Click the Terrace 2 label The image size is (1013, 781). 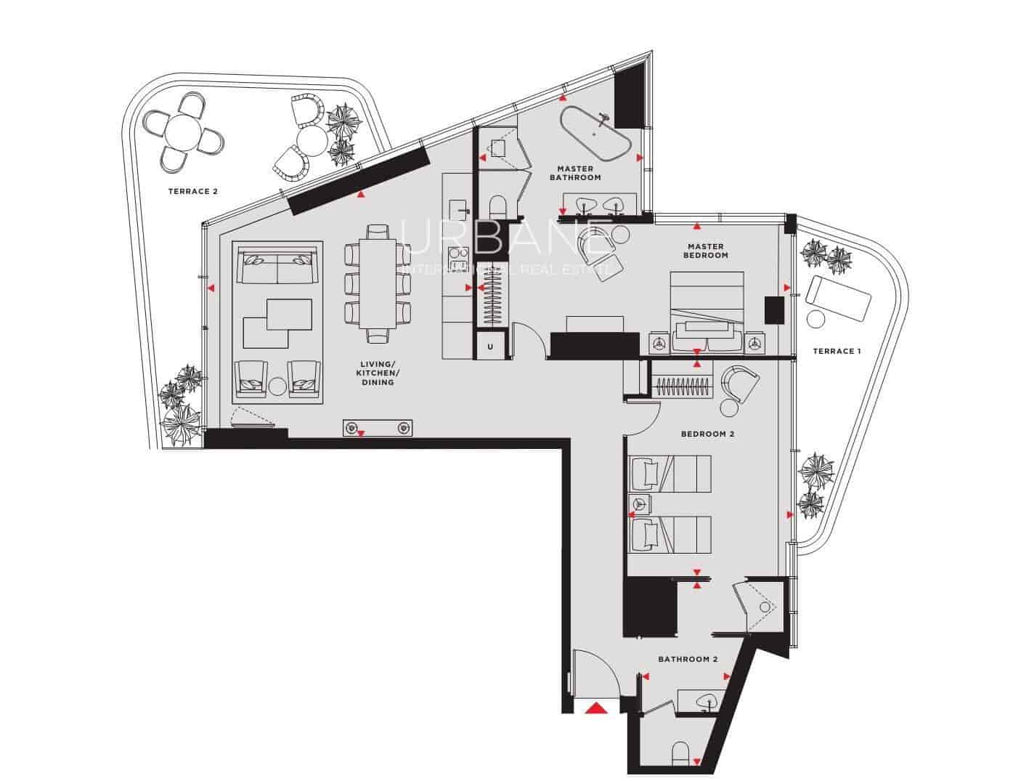pos(193,192)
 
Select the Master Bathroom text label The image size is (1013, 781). pos(575,173)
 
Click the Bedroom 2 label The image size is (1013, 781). pos(707,434)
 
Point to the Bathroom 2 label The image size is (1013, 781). pos(688,660)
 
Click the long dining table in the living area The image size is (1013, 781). pos(378,283)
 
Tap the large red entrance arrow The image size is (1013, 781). pos(597,708)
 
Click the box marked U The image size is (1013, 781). pos(491,347)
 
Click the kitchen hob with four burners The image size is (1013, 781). pos(458,259)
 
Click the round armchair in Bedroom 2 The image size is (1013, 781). pos(739,384)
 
